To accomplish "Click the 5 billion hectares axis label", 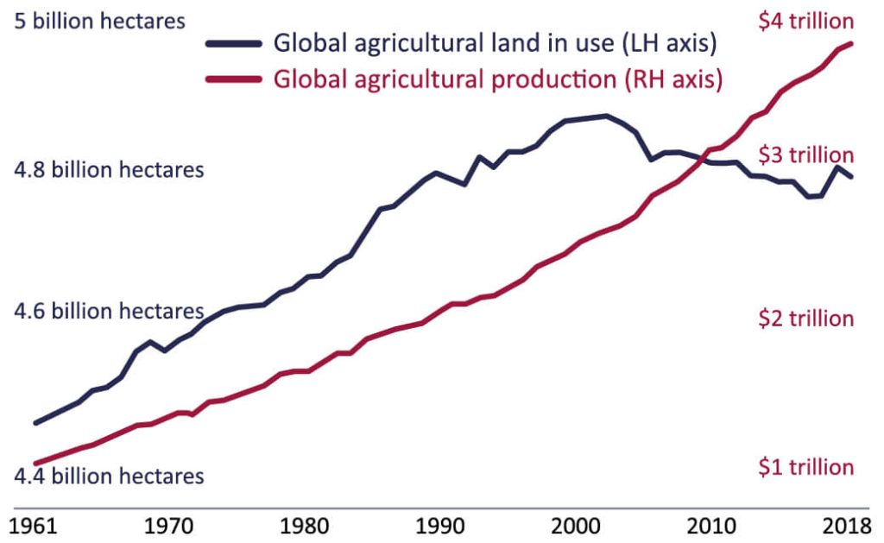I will pos(101,21).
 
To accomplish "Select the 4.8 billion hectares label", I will pos(110,169).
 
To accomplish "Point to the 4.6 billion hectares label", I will pos(110,311).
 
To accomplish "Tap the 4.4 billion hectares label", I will pos(110,475).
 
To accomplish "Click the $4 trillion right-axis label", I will pos(805,22).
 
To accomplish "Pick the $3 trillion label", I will pos(805,155).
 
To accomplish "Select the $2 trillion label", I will pos(805,319).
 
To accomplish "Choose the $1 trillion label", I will pos(805,467).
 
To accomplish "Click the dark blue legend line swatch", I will pos(233,44).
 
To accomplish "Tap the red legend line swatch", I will pos(233,79).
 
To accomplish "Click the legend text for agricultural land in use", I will pos(496,42).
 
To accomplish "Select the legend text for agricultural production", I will pos(497,79).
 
